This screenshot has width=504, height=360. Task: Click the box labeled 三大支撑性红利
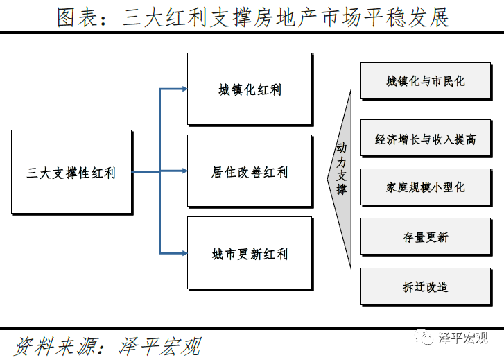tap(71, 172)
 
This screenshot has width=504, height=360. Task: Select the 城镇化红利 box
tap(250, 89)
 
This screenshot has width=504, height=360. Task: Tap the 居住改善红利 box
tap(250, 171)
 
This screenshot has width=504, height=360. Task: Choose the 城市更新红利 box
tap(250, 254)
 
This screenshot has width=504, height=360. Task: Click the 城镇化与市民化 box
tap(426, 81)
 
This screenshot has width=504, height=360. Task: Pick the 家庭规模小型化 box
tap(426, 187)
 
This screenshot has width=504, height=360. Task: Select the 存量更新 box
tap(426, 237)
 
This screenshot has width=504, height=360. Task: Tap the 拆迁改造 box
tap(426, 286)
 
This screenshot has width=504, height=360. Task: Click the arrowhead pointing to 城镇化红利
tap(184, 89)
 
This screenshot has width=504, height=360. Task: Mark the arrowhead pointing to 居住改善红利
tap(184, 171)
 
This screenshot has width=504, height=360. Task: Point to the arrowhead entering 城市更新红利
tap(184, 253)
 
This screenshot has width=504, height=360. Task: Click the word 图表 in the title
tap(75, 17)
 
